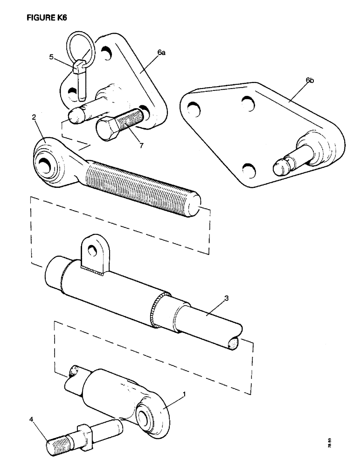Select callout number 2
pyautogui.click(x=34, y=118)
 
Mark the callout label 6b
pyautogui.click(x=310, y=81)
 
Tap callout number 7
pyautogui.click(x=141, y=146)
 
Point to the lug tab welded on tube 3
pyautogui.click(x=96, y=252)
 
